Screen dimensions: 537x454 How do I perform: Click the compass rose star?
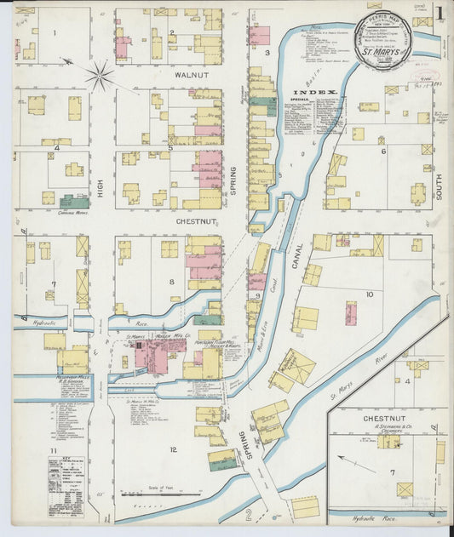coord(100,77)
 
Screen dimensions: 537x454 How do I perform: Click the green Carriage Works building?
coord(74,202)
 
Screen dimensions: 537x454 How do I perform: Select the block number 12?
coord(173,449)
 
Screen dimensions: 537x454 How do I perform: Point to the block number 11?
coord(53,449)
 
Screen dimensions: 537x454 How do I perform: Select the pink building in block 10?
coord(350,312)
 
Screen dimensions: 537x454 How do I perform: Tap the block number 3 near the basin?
coord(267,53)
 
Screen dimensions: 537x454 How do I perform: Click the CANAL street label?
coord(297,253)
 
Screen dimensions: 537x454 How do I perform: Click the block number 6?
coord(383,151)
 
